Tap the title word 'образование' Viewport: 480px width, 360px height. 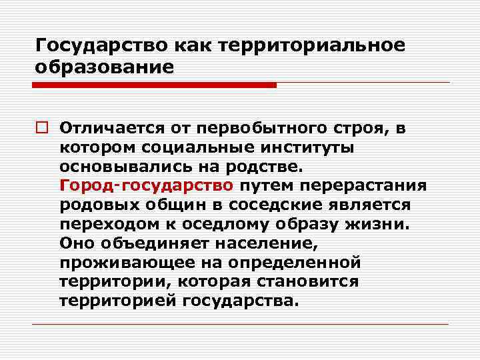point(105,67)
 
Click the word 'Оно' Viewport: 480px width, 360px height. point(74,243)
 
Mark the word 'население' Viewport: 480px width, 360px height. point(266,243)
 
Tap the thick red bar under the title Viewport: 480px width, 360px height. point(153,85)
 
